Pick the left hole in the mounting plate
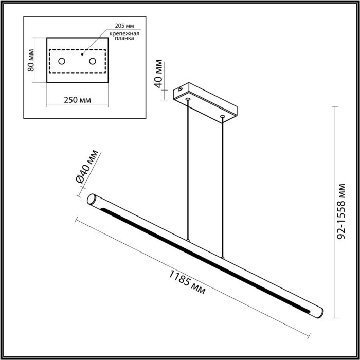[62, 62]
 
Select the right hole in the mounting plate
[93, 62]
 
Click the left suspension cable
[189, 170]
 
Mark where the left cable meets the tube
[189, 241]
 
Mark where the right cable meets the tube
[223, 257]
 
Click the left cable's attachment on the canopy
[189, 98]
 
